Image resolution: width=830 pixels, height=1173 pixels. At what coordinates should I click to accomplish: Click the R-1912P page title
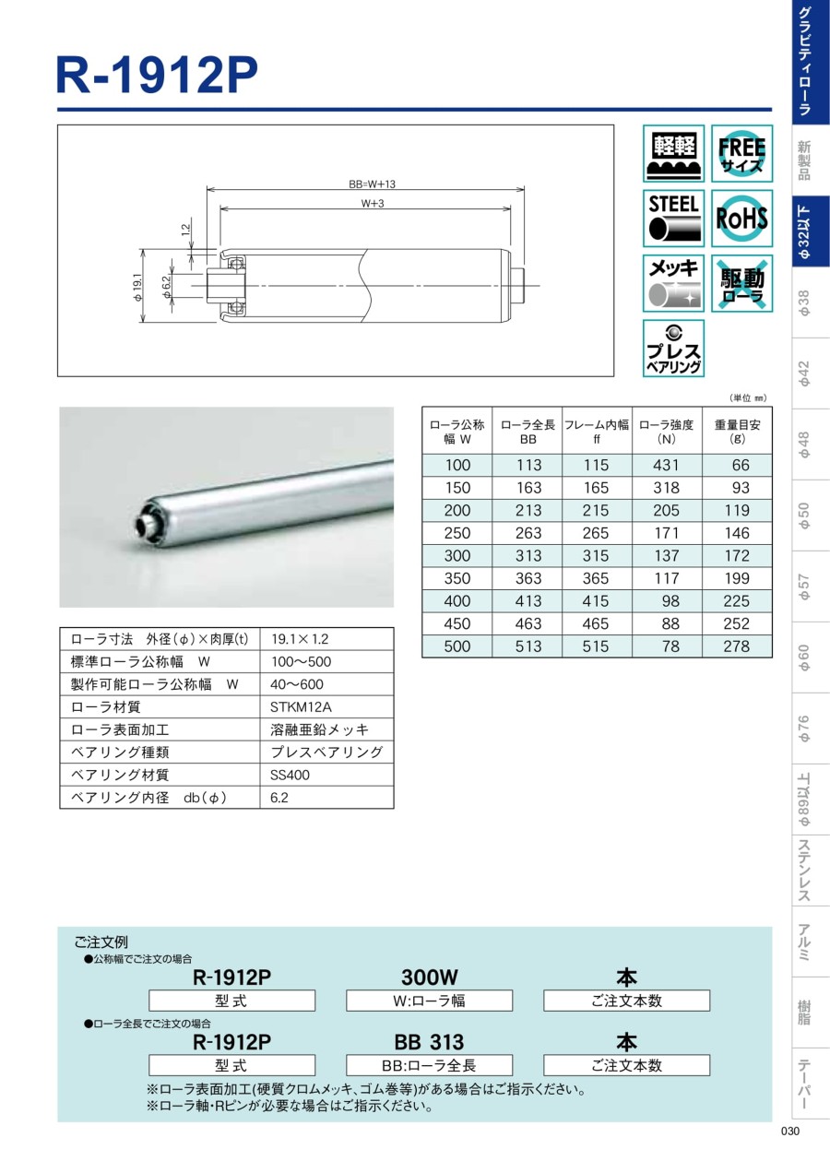[x=157, y=76]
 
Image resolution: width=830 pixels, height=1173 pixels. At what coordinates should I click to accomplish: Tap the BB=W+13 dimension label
[x=373, y=184]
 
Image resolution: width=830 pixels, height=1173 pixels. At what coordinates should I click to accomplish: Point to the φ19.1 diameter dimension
[x=137, y=287]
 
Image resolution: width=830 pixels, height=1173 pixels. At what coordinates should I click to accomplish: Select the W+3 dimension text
[x=373, y=203]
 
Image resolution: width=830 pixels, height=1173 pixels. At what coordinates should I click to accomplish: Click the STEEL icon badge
[x=673, y=219]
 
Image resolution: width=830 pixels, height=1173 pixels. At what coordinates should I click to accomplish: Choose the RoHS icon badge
[x=741, y=219]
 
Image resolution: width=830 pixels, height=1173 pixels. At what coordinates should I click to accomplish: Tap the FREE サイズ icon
[x=741, y=153]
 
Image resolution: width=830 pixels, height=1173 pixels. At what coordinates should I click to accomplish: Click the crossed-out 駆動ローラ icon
[x=741, y=283]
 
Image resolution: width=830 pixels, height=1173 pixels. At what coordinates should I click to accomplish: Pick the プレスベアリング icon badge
[x=673, y=349]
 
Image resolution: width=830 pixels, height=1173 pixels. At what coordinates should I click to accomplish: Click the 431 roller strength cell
[x=666, y=465]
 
